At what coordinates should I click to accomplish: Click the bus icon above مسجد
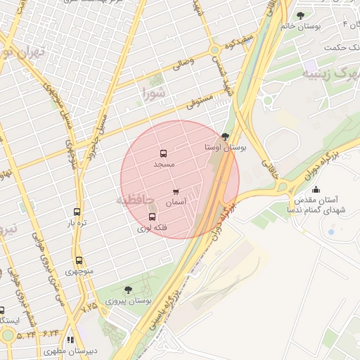(x=163, y=153)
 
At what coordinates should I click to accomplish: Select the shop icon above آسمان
(x=175, y=191)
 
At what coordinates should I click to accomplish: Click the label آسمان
(x=175, y=202)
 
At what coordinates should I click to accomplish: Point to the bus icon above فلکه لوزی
(x=153, y=217)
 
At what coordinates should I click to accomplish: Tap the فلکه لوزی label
(x=148, y=228)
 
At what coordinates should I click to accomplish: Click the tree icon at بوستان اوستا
(x=225, y=136)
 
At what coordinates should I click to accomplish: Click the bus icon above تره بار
(x=77, y=212)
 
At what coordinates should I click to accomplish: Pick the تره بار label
(x=77, y=223)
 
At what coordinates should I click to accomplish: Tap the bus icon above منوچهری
(x=79, y=260)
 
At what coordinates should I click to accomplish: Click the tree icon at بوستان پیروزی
(x=128, y=289)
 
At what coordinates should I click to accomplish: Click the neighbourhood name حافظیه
(x=134, y=200)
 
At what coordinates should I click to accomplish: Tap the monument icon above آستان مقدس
(x=316, y=188)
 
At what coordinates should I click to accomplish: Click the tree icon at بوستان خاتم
(x=301, y=15)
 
